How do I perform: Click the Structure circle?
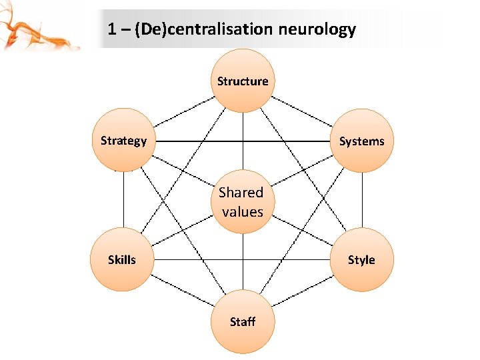coord(243,81)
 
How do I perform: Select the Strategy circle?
coord(123,140)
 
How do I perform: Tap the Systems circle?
coord(361,141)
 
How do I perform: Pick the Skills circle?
coord(122,259)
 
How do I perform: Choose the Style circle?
coord(361,259)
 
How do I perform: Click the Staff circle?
coord(243,321)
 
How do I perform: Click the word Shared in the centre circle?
coord(241,193)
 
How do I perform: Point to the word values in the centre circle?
coord(243,212)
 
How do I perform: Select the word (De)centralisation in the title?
coord(203,29)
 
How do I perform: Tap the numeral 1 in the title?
coord(111,29)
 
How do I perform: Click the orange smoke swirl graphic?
coord(27,30)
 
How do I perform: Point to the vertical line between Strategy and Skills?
coord(123,200)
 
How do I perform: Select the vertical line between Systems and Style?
coord(361,200)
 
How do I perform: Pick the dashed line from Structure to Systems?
coord(302,111)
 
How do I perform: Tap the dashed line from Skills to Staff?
coord(182,291)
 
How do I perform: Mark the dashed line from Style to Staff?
coord(302,291)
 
